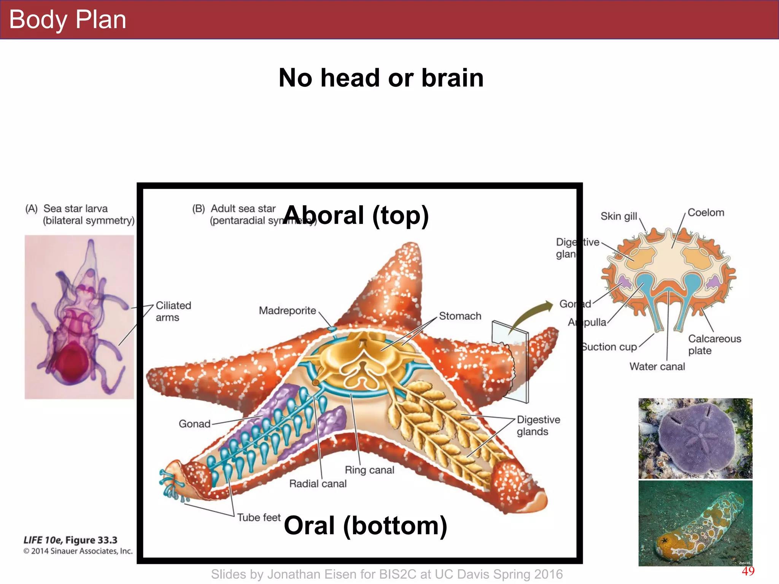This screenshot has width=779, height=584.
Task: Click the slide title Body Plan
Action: [67, 20]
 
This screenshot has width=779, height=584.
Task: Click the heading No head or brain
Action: [381, 78]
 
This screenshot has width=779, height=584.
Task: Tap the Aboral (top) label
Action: [356, 215]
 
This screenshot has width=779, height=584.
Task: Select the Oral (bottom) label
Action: [365, 525]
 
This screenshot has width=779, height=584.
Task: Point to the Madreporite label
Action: [287, 311]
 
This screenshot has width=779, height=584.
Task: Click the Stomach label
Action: [460, 316]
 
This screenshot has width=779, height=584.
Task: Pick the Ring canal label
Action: [369, 470]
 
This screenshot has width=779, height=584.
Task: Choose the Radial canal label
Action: [318, 484]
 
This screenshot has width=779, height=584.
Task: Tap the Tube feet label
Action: [259, 517]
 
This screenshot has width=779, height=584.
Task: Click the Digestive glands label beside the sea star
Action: [538, 425]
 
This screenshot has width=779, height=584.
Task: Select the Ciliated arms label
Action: [173, 311]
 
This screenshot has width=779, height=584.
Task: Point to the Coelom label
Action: [706, 213]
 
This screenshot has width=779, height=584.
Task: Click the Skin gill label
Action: [618, 216]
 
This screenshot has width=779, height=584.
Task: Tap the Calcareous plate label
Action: [714, 344]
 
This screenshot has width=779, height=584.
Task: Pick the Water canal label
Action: [657, 367]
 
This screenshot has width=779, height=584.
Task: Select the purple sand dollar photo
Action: [695, 438]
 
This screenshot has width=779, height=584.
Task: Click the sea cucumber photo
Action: [695, 523]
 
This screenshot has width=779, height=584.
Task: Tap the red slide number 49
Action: [748, 571]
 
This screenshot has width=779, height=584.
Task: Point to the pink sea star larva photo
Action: [79, 317]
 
